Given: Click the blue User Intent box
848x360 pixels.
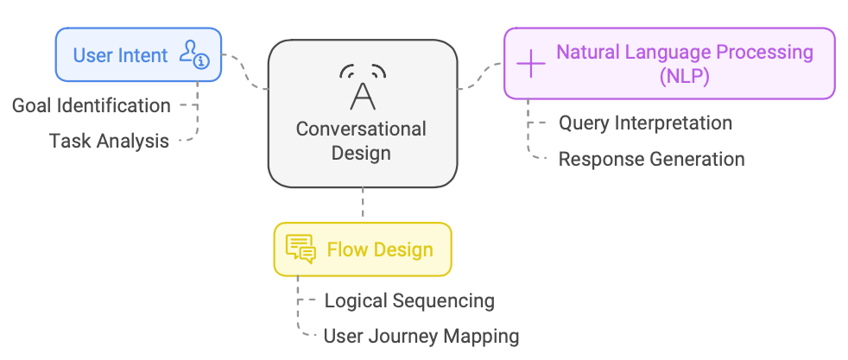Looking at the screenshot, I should (138, 55).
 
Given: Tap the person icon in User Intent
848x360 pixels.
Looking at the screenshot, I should (193, 54).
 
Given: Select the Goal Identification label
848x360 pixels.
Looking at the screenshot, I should (91, 105).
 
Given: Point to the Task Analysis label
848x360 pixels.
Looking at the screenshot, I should (109, 141).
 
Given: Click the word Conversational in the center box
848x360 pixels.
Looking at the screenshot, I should (361, 129).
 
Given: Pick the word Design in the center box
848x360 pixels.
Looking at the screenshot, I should (361, 154).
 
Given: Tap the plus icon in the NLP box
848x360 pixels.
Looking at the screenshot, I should (530, 63).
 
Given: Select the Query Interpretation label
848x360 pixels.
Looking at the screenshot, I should (645, 123).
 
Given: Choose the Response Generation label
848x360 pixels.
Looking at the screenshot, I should (651, 159).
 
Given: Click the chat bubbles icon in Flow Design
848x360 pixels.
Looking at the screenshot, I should (301, 249).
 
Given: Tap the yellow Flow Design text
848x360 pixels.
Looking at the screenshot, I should (380, 250).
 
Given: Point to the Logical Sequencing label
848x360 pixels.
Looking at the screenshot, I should (409, 300).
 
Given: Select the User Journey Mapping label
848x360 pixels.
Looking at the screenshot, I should (421, 335).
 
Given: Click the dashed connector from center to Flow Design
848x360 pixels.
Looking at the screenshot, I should (363, 205).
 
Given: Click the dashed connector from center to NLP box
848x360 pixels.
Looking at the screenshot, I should (480, 77).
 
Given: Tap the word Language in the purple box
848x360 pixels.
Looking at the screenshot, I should (673, 52).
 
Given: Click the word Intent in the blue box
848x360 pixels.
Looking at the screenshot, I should (144, 55).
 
